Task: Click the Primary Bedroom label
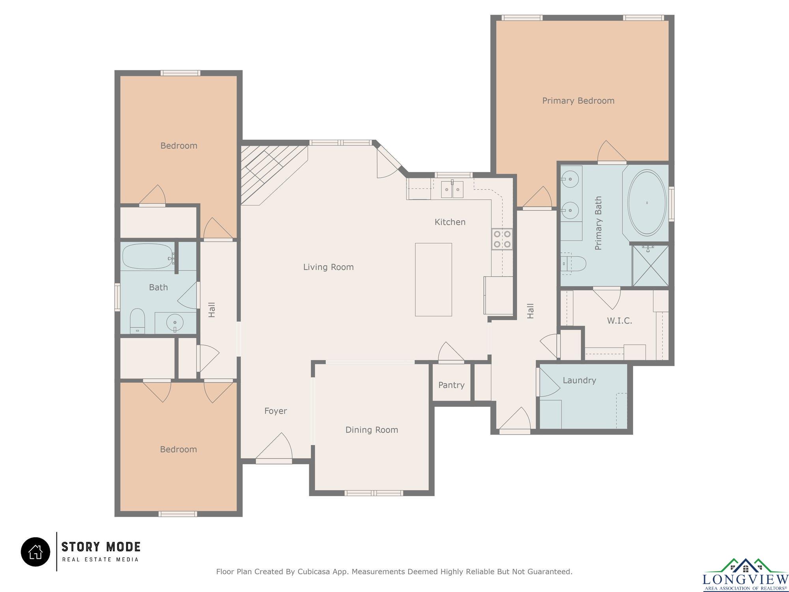point(578,101)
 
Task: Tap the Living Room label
point(328,267)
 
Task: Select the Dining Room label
point(372,430)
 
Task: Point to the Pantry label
point(451,385)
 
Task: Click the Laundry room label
point(579,380)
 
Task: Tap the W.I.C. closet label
point(619,321)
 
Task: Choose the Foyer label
point(275,411)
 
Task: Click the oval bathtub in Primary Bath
point(647,203)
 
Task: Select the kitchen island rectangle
point(433,279)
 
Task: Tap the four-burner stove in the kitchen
point(502,239)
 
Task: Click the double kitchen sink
point(452,189)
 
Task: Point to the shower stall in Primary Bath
point(651,266)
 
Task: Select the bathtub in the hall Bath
point(148,256)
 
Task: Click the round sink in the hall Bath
point(175,323)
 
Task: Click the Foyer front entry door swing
point(274,448)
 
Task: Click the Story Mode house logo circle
point(36,552)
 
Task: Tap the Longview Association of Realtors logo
point(745,575)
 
